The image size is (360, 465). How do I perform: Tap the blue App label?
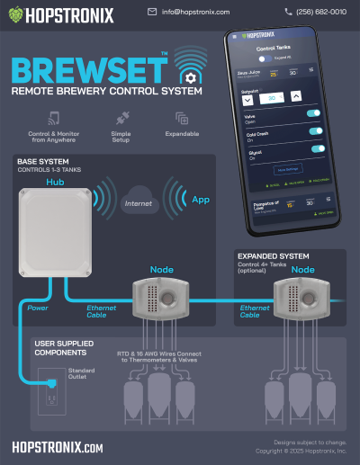(201, 200)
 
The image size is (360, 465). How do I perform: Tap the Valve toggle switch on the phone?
(315, 113)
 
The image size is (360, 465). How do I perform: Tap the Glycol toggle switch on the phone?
(317, 149)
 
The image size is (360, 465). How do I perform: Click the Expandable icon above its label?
(182, 119)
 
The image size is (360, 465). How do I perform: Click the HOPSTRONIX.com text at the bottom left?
(58, 446)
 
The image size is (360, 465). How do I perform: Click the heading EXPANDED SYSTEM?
(274, 255)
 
